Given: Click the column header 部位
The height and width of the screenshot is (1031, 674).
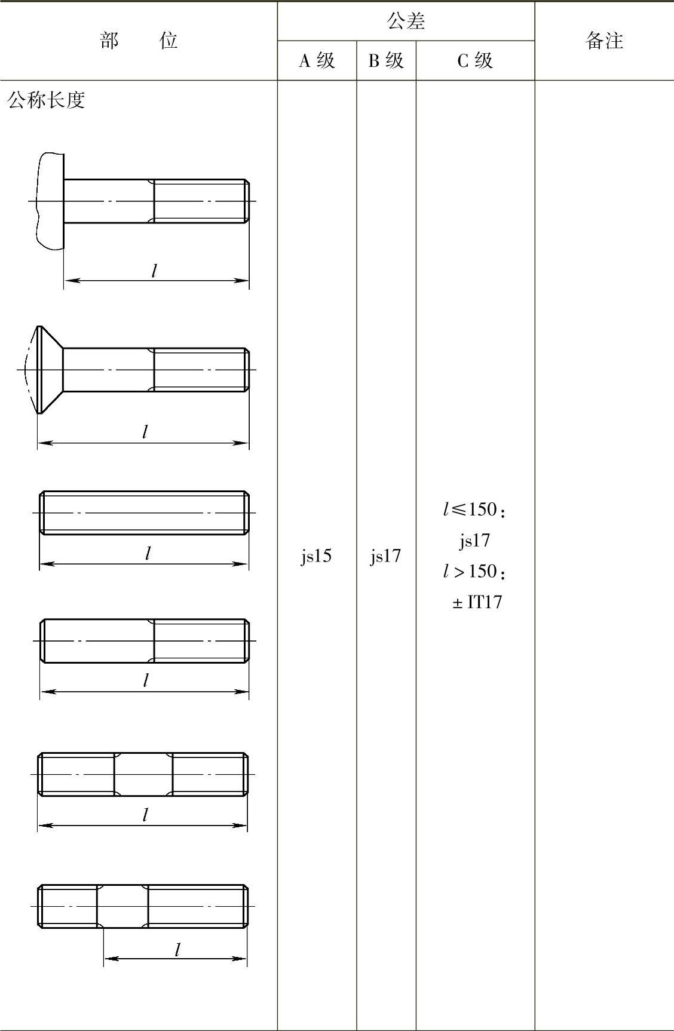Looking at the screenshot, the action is coord(139,41).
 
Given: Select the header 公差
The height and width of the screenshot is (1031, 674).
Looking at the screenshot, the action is coord(406,22).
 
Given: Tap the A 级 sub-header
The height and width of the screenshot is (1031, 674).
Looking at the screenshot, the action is coord(317,60).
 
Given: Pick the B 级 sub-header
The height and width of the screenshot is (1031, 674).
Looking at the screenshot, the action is coord(386,60).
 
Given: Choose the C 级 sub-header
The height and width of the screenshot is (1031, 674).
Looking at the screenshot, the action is coord(475,60).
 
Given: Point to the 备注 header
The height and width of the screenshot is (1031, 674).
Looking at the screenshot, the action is coord(604,41).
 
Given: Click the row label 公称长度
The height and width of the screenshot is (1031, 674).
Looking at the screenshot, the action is coord(46,100).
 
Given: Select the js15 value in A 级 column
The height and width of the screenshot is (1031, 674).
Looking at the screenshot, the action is coord(316,556).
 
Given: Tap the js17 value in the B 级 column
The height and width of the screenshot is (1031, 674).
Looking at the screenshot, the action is coord(385,556).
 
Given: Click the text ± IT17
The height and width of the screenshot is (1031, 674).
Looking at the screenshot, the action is coord(477,602).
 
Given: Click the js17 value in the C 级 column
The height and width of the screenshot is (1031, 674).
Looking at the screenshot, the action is coord(474,541).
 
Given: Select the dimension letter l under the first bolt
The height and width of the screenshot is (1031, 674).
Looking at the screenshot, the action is coord(154,271).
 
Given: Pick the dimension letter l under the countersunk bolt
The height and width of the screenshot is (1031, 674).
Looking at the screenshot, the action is coord(145,432).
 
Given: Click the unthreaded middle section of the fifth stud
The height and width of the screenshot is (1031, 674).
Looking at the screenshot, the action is coord(143,774).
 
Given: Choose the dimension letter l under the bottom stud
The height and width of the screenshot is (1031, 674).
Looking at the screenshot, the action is coord(177,950).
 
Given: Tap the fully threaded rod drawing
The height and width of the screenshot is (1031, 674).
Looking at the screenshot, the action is coord(144,513).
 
